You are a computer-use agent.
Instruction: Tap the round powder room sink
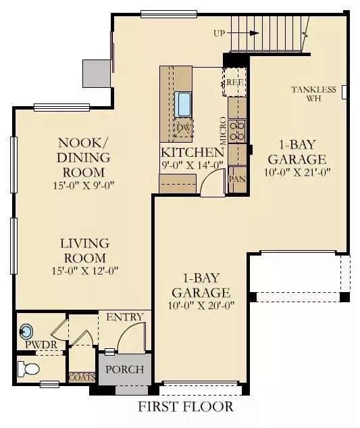[x=26, y=331]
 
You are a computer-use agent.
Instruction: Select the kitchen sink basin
[x=182, y=104]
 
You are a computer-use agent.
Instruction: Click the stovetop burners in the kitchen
[x=236, y=131]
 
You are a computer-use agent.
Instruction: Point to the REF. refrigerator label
[x=235, y=82]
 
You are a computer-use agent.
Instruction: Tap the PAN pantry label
[x=237, y=179]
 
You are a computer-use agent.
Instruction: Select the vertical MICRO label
[x=223, y=131]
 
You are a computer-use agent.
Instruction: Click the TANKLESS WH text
[x=313, y=93]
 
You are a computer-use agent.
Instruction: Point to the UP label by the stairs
[x=220, y=34]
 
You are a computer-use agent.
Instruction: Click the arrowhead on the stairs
[x=255, y=33]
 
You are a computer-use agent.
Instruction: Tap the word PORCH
[x=125, y=369]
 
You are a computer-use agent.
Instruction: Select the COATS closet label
[x=82, y=378]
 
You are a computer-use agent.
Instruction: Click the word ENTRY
[x=125, y=317]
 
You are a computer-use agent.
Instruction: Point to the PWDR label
[x=41, y=344]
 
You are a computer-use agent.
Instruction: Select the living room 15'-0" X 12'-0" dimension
[x=85, y=270]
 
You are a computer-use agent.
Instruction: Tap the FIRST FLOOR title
[x=186, y=407]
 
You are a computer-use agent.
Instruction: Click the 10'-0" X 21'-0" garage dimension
[x=297, y=172]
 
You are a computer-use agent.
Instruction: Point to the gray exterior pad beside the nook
[x=97, y=74]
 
